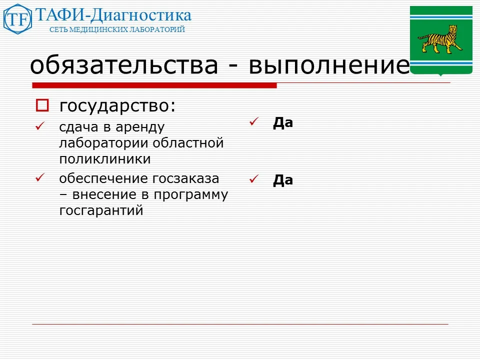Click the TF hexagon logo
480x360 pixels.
pos(18,19)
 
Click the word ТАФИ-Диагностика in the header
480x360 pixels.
pos(113,15)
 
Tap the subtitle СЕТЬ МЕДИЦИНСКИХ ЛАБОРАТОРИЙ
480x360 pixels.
pos(117,29)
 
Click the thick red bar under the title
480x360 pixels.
pos(154,85)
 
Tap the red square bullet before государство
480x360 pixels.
pos(42,105)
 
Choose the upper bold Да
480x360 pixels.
pos(282,123)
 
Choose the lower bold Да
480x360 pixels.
pos(282,180)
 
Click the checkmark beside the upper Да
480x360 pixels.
pos(253,121)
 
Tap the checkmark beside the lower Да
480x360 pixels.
pos(253,178)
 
